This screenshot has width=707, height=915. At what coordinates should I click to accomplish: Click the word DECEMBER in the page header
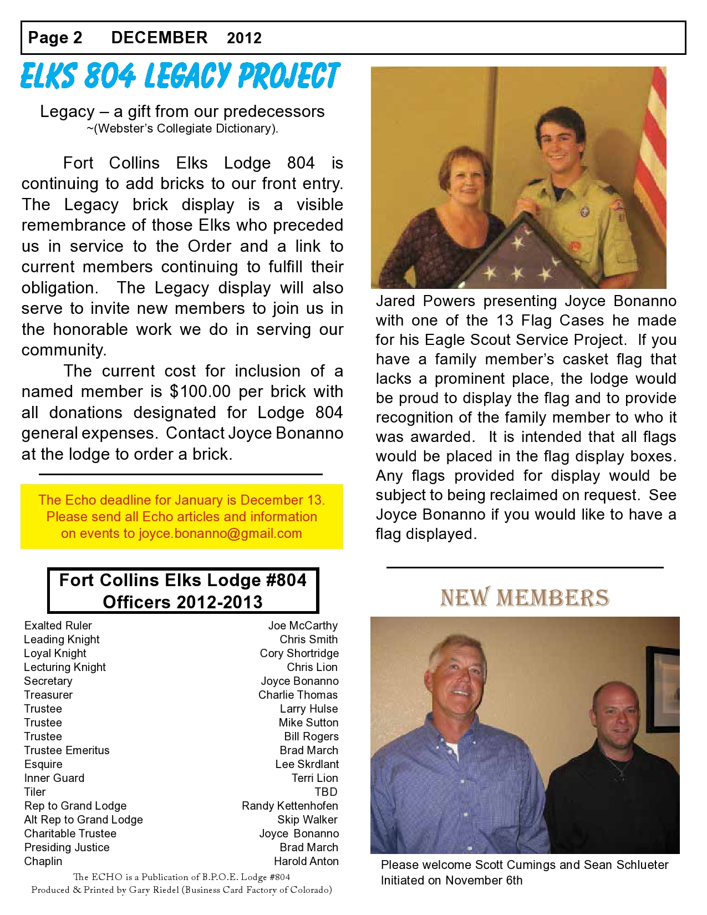pyautogui.click(x=159, y=38)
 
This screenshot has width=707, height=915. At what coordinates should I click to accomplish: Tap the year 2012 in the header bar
pyautogui.click(x=244, y=38)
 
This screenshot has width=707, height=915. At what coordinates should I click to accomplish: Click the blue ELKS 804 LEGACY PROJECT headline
pyautogui.click(x=180, y=76)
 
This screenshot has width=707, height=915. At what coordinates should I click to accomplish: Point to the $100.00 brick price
pyautogui.click(x=200, y=392)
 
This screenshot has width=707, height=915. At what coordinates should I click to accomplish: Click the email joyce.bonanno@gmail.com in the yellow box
pyautogui.click(x=220, y=533)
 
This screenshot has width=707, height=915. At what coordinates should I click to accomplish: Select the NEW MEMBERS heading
pyautogui.click(x=525, y=598)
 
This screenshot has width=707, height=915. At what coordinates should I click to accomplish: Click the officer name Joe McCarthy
pyautogui.click(x=303, y=626)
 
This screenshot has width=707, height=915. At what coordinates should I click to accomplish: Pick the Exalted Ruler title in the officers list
pyautogui.click(x=58, y=626)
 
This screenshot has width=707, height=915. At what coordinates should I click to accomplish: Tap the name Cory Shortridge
pyautogui.click(x=299, y=653)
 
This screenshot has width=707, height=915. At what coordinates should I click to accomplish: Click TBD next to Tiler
pyautogui.click(x=326, y=792)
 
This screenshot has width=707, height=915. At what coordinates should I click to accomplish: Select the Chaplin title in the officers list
pyautogui.click(x=43, y=861)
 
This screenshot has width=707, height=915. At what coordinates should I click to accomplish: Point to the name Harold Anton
pyautogui.click(x=306, y=861)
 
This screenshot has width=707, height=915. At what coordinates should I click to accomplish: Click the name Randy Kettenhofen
pyautogui.click(x=289, y=806)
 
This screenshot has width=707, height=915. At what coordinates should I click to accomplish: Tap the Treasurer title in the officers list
pyautogui.click(x=48, y=695)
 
